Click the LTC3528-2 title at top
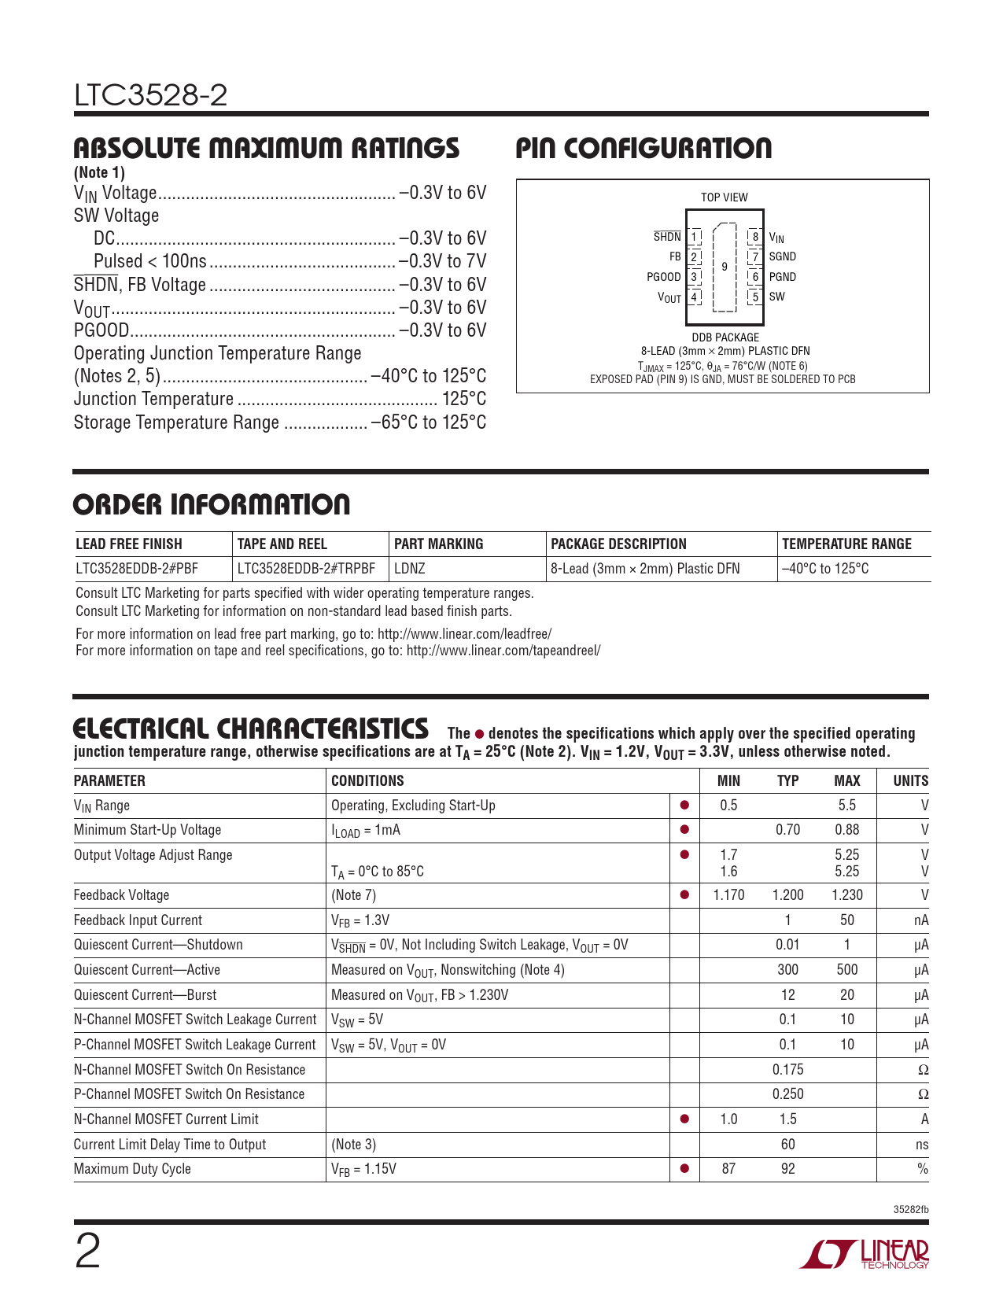pos(151,96)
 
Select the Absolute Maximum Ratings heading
pos(266,148)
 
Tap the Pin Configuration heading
pos(643,148)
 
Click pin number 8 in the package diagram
pos(755,236)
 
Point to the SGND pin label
pos(782,256)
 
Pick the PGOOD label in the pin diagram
pos(663,277)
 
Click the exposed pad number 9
pos(725,267)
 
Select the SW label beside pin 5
pos(776,297)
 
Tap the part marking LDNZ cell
pos(410,569)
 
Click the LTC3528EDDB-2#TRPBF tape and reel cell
pos(306,569)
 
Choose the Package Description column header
pos(618,544)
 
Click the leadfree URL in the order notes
pos(464,634)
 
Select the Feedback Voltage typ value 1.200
pos(787,895)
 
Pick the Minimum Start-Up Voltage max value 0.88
pos(846,830)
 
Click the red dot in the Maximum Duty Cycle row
pos(684,1169)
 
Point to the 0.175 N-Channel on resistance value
pos(787,1070)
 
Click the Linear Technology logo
pos(865,1254)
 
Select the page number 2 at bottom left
pos(87,1252)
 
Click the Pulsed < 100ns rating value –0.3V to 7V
pos(442,261)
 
